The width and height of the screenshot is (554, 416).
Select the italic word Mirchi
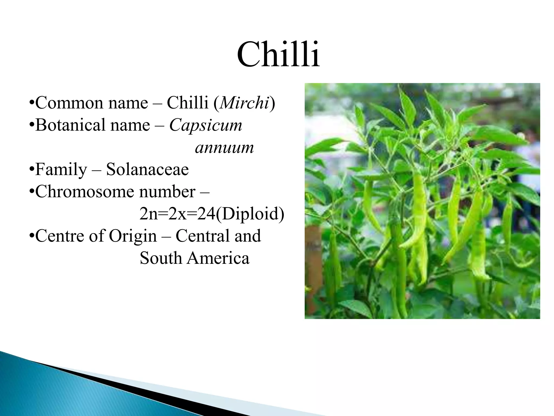pyautogui.click(x=244, y=103)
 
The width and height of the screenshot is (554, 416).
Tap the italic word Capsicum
pyautogui.click(x=206, y=125)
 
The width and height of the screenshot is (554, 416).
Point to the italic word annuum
pyautogui.click(x=224, y=148)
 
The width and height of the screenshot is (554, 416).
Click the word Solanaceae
pyautogui.click(x=147, y=170)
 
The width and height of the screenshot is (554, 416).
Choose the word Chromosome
pyautogui.click(x=84, y=192)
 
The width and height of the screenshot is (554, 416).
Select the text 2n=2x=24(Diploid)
pyautogui.click(x=212, y=214)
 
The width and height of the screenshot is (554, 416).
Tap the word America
pyautogui.click(x=218, y=258)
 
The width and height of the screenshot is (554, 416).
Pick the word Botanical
pyautogui.click(x=70, y=125)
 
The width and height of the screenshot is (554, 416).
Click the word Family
pyautogui.click(x=61, y=170)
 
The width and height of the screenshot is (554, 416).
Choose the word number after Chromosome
pyautogui.click(x=167, y=192)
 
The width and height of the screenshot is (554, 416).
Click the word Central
pyautogui.click(x=203, y=236)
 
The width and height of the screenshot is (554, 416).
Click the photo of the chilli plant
pyautogui.click(x=422, y=201)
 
